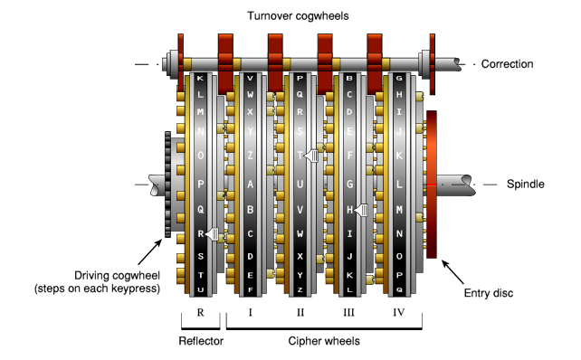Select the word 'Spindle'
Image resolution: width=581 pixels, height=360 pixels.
point(526,184)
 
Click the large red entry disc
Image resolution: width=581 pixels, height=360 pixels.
point(432,184)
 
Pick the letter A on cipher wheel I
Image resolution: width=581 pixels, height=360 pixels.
point(250,183)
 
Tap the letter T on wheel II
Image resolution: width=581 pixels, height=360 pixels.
point(300,156)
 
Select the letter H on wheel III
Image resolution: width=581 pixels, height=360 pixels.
point(349,210)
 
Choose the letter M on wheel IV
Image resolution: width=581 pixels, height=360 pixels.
point(399,210)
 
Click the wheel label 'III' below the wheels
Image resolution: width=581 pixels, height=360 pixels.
point(349,312)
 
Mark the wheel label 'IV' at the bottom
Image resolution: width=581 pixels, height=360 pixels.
point(399,312)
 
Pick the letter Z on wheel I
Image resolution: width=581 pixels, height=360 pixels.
point(250,156)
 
